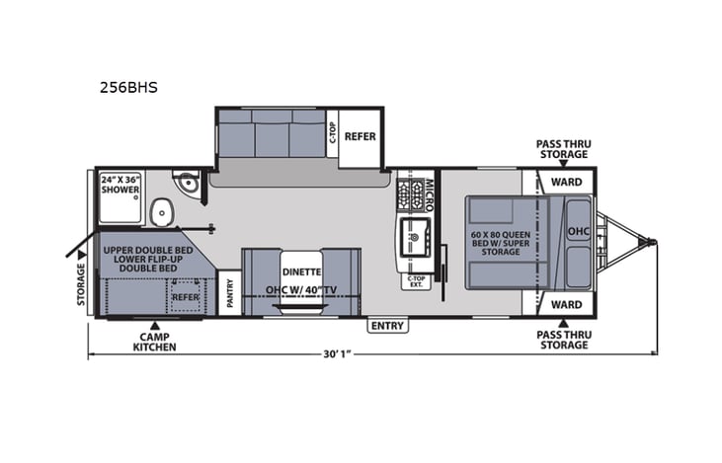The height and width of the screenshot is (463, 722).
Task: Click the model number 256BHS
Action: [x=127, y=87]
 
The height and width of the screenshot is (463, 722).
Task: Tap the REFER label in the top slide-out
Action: [x=361, y=136]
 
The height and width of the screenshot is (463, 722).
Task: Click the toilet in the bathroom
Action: [x=161, y=211]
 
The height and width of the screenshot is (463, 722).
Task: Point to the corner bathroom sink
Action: [x=185, y=185]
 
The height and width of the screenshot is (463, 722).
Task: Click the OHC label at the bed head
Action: [x=577, y=232]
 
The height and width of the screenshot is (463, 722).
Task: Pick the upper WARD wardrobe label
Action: [x=566, y=182]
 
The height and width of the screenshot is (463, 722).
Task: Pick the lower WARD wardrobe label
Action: [x=566, y=304]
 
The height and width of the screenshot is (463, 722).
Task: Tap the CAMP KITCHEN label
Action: [x=155, y=341]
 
